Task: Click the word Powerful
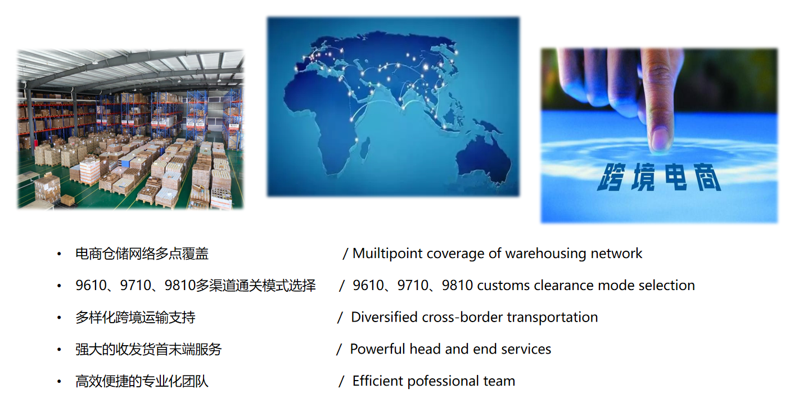pyautogui.click(x=377, y=349)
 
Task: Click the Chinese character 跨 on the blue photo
pyautogui.click(x=610, y=177)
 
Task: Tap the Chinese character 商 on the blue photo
pyautogui.click(x=707, y=177)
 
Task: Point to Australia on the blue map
pyautogui.click(x=484, y=160)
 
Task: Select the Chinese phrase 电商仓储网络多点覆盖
pyautogui.click(x=142, y=254)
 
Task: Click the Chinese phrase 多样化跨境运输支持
pyautogui.click(x=135, y=318)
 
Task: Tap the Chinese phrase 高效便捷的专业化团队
pyautogui.click(x=142, y=381)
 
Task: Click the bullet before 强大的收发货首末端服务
pyautogui.click(x=59, y=350)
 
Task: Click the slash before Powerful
pyautogui.click(x=339, y=349)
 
